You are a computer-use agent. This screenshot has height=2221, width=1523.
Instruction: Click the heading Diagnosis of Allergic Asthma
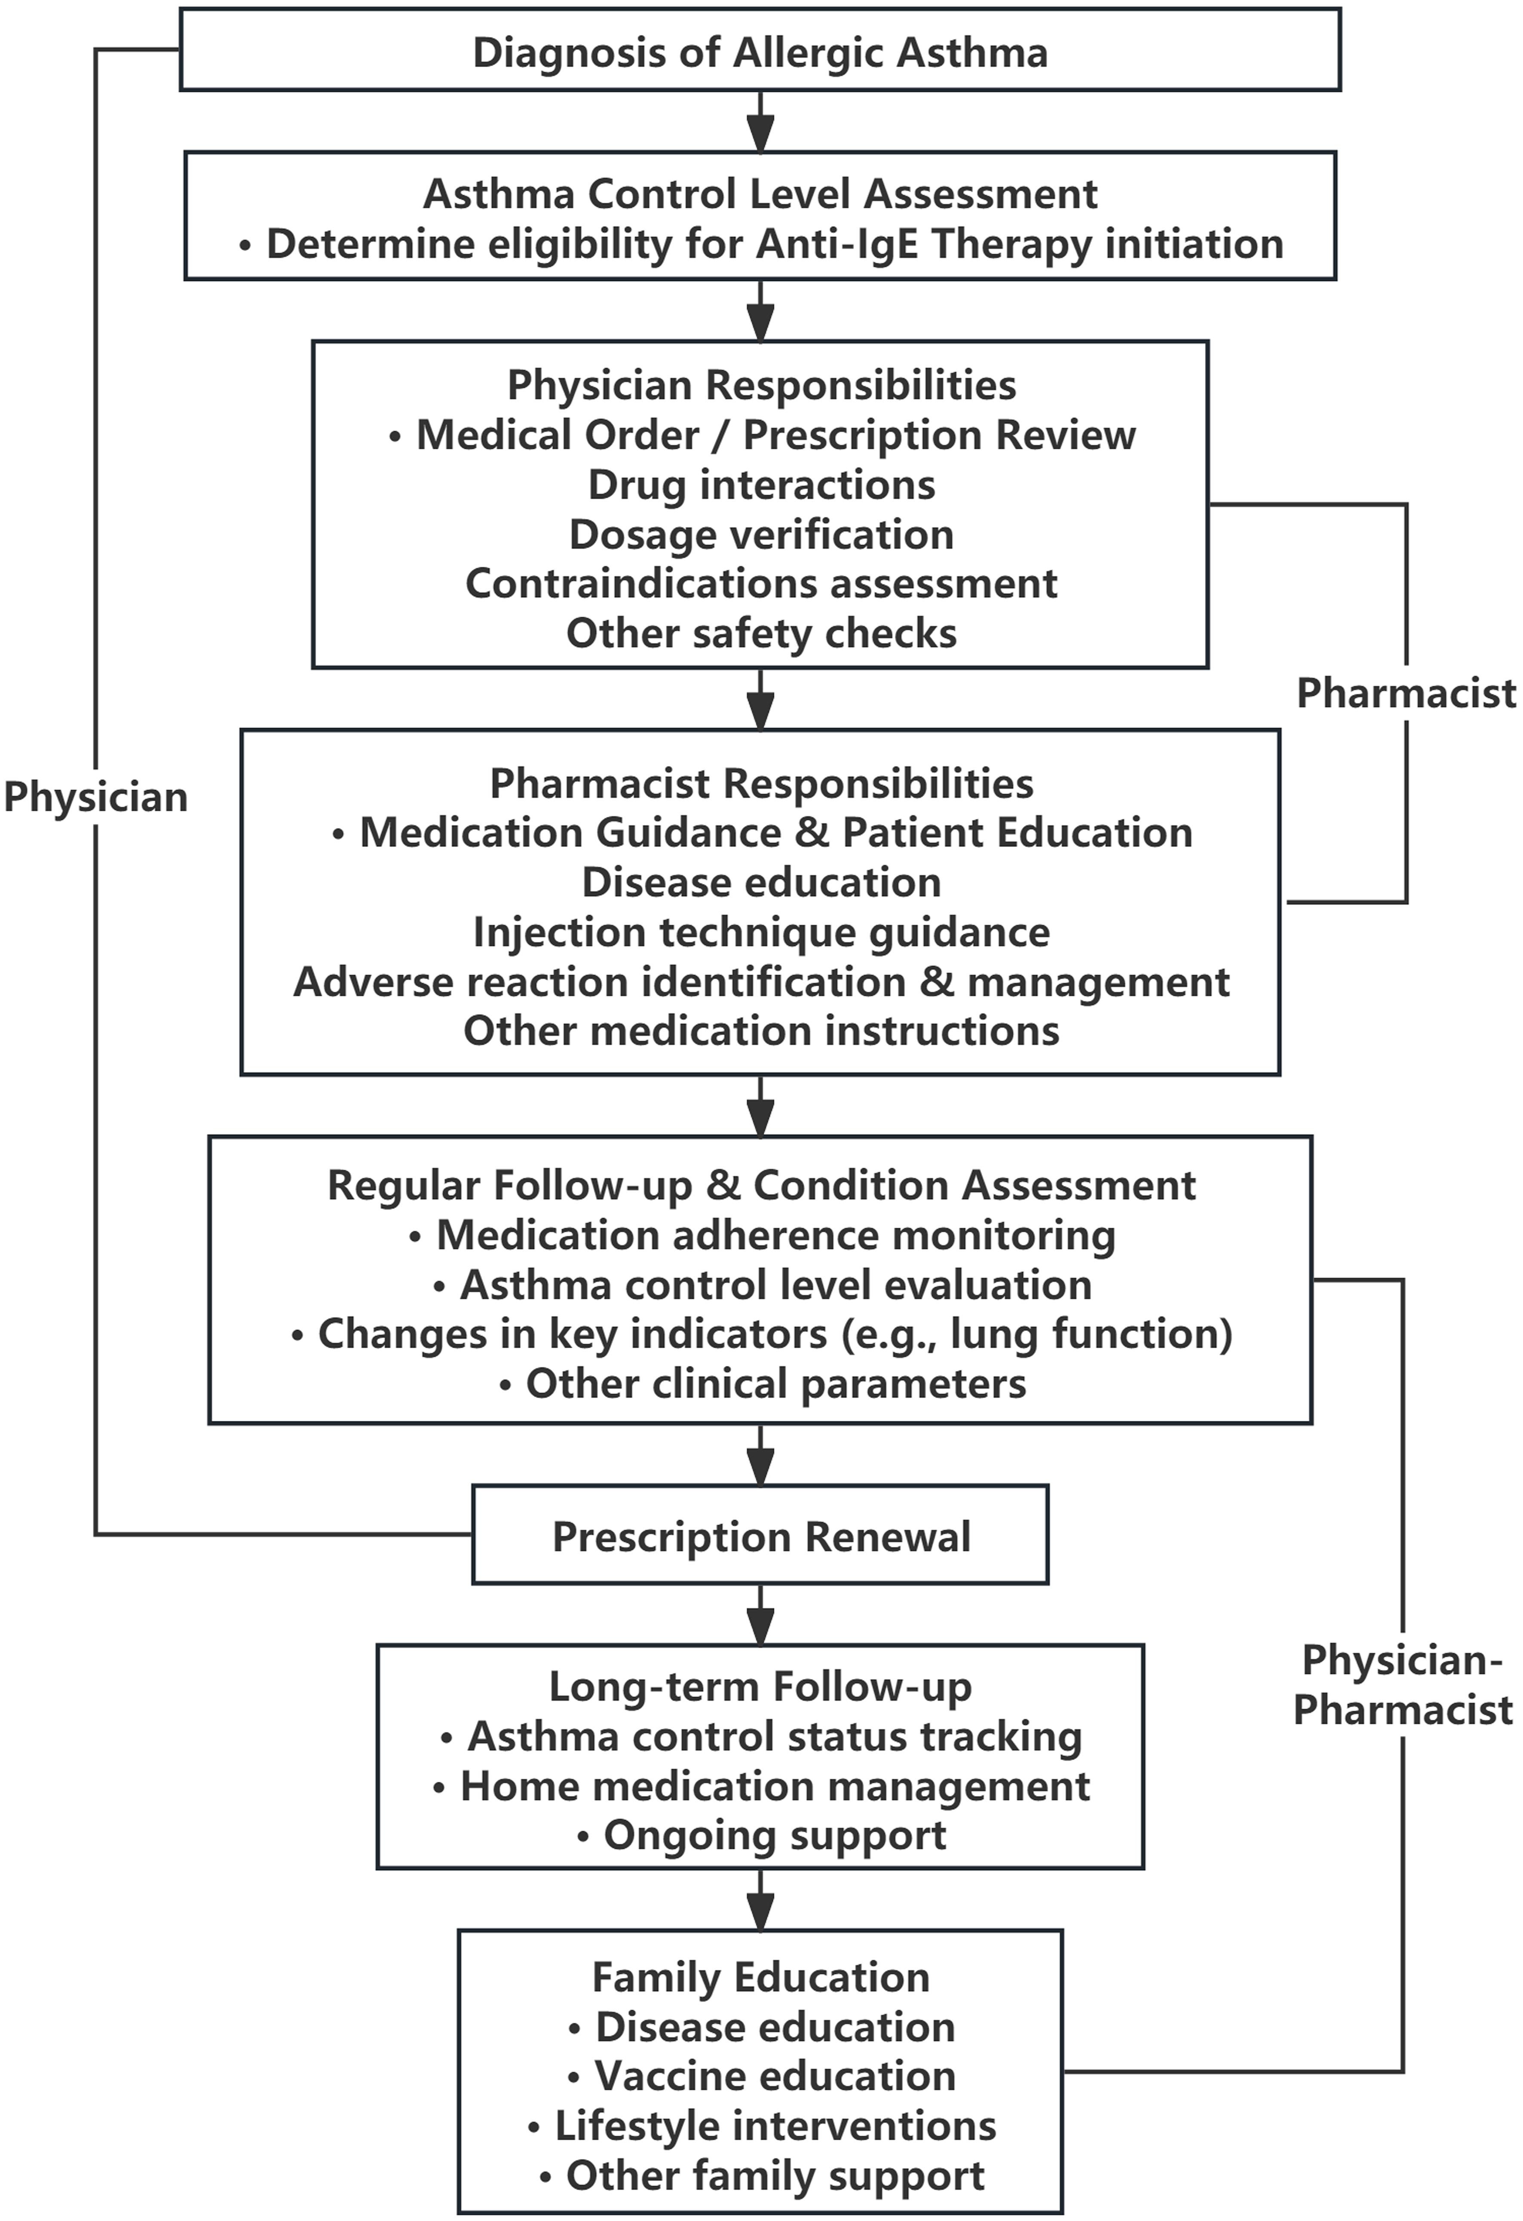click(760, 52)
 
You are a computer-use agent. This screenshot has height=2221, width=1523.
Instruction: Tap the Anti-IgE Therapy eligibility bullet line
click(760, 244)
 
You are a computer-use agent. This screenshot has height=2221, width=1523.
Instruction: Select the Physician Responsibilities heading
click(760, 385)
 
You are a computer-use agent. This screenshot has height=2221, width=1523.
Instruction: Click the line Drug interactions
click(760, 485)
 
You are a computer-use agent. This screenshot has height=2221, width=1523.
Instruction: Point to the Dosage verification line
click(760, 534)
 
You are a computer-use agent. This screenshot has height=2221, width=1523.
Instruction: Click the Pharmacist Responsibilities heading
click(760, 784)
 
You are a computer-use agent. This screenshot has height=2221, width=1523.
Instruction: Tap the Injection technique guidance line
click(760, 932)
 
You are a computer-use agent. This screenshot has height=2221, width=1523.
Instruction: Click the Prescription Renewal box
click(760, 1537)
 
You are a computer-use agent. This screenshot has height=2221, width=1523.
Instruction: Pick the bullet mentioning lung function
click(760, 1334)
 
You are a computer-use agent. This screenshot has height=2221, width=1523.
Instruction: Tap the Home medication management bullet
click(760, 1786)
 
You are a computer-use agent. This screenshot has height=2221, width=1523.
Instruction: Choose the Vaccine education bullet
click(760, 2076)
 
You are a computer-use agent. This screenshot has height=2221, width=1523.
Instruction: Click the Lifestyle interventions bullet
click(760, 2126)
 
